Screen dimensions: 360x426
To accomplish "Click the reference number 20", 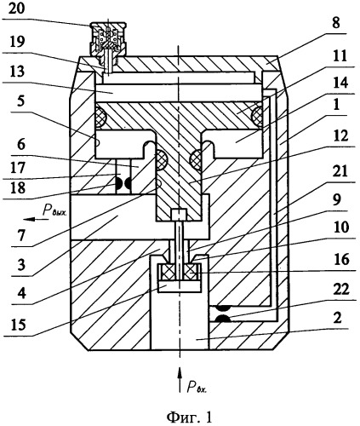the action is pos(16,9).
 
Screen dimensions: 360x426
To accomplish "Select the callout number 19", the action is pos(16,42).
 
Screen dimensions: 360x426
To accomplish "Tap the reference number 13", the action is pos(16,71).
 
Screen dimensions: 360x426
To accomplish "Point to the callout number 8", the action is pos(336,23).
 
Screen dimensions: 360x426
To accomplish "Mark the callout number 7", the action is pos(21,236).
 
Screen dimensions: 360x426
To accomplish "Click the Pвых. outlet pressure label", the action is pos(54,210).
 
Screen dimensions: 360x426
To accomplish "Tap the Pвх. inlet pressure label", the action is pos(197,387).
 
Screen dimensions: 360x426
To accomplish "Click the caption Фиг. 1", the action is pos(189,417).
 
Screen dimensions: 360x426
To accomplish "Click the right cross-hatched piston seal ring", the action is pos(257,116).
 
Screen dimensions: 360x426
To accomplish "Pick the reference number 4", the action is pos(21,292).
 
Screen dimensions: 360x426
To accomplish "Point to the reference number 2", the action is pos(337,318).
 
